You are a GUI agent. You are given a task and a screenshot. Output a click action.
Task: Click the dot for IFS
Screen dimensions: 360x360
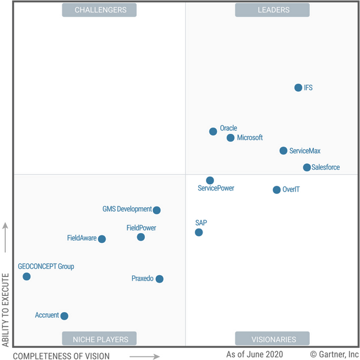click(298, 88)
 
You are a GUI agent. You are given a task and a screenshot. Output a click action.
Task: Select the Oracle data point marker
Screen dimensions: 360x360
click(213, 132)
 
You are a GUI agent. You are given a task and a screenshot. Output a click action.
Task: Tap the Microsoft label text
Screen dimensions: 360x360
click(250, 138)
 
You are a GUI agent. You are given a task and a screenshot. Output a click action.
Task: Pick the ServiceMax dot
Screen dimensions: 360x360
click(283, 151)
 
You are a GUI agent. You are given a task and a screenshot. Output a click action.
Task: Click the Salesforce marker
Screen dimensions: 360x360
click(307, 167)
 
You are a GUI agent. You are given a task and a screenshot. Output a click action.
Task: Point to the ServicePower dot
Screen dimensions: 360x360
click(210, 181)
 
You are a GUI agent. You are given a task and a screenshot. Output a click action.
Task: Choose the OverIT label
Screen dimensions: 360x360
click(291, 190)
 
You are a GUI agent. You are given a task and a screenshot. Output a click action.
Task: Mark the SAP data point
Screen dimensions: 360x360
click(199, 232)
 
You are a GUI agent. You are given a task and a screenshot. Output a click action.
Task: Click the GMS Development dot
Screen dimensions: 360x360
click(156, 210)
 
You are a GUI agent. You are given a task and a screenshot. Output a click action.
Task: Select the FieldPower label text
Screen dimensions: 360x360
click(141, 228)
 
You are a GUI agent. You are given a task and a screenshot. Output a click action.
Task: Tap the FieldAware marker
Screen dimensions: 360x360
click(102, 239)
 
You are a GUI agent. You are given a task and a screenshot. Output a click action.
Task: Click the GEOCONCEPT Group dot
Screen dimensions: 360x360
click(27, 276)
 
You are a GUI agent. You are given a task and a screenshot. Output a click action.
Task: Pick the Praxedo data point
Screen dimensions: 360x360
click(160, 279)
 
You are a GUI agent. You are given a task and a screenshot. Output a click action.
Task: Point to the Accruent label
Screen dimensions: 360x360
click(47, 316)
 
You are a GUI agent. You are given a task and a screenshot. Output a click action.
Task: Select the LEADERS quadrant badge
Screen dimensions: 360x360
click(272, 10)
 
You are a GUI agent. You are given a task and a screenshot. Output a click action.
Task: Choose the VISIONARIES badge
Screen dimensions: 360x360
click(272, 339)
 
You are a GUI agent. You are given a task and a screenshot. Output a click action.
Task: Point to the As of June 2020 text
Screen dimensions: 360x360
click(255, 354)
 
